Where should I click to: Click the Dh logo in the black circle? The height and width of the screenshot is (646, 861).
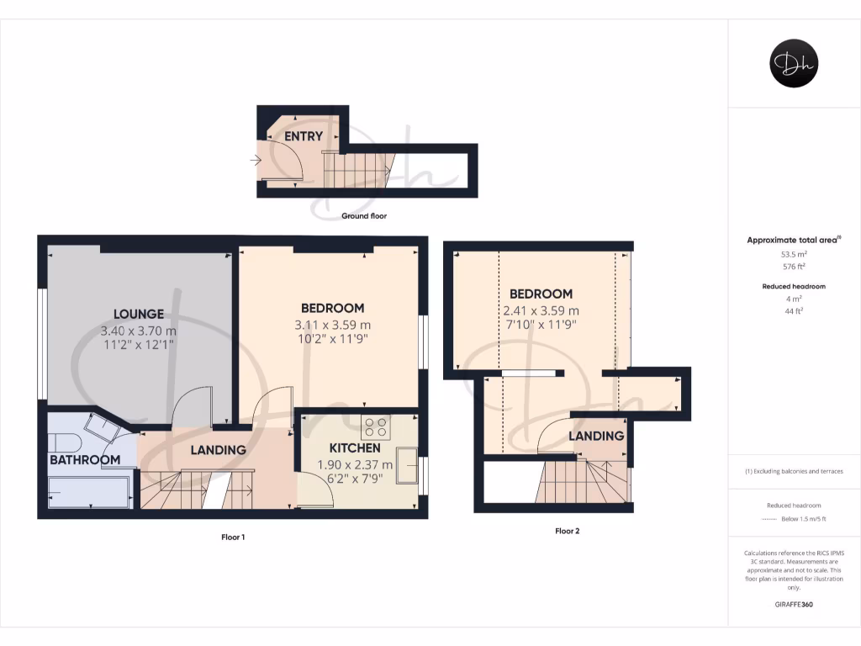tap(795, 64)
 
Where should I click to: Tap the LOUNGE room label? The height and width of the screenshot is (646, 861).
tap(139, 314)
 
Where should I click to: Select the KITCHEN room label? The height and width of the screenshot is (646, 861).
tap(355, 448)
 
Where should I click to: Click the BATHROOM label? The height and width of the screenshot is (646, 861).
tap(84, 460)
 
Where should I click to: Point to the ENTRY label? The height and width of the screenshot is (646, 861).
tap(304, 136)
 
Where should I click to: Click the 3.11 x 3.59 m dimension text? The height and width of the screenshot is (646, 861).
tap(332, 325)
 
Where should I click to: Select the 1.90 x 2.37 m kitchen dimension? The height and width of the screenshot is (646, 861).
tap(355, 465)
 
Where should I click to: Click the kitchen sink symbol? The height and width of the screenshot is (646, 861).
tap(409, 466)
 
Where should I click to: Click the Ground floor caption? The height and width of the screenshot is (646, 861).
tap(364, 216)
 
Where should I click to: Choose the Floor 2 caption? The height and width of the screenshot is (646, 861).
tap(567, 531)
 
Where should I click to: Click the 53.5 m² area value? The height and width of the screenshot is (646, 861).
tap(794, 254)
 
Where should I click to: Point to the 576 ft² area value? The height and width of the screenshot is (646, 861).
tap(794, 266)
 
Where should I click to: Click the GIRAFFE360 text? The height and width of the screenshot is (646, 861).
tap(794, 604)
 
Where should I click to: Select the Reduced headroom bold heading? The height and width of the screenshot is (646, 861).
tap(794, 287)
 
